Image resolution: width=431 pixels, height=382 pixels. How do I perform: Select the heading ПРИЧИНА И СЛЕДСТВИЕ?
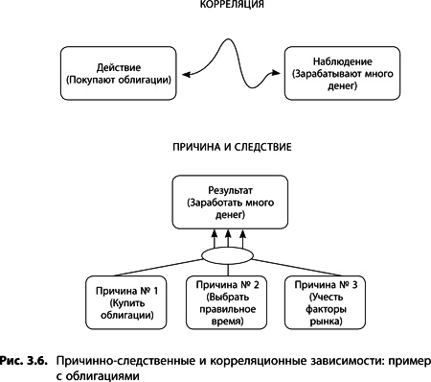point(218,150)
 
